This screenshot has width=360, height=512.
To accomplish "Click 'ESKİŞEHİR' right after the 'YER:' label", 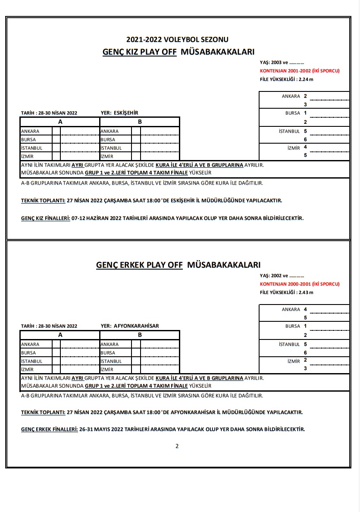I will pyautogui.click(x=126, y=113).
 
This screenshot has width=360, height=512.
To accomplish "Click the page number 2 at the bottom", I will pyautogui.click(x=177, y=446).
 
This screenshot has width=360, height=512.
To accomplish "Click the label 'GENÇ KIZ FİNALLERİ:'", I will pyautogui.click(x=45, y=218).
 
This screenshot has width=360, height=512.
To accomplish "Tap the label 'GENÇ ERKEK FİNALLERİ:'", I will pyautogui.click(x=49, y=430).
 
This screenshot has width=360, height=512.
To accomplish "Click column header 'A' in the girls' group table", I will pyautogui.click(x=60, y=122).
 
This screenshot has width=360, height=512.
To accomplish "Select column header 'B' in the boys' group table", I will pyautogui.click(x=140, y=335).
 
